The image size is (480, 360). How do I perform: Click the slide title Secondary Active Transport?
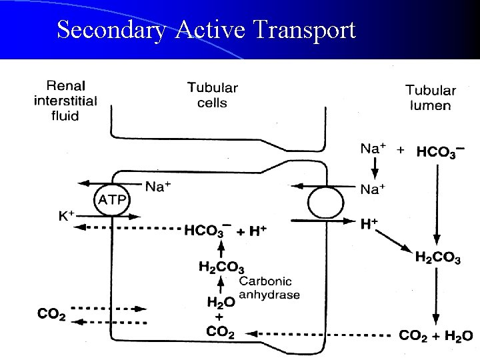[x=206, y=30]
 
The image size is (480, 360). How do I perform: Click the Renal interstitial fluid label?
[x=65, y=101]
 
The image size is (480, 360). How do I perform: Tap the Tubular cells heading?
[x=212, y=95]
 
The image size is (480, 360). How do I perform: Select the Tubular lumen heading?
[x=430, y=97]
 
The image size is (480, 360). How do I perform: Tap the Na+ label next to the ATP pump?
[x=158, y=187]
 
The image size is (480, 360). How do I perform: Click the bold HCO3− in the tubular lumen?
[x=440, y=152]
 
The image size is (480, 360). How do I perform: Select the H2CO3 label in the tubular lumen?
[x=437, y=257]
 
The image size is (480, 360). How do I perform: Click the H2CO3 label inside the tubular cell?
[x=222, y=267]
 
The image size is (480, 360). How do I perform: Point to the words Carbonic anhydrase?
[x=269, y=288]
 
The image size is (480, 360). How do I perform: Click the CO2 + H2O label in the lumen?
[x=436, y=335]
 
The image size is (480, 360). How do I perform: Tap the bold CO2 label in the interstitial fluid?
[x=51, y=313]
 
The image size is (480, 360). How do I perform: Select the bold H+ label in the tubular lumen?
[x=369, y=224]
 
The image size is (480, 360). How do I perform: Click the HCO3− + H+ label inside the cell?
[x=225, y=231]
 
